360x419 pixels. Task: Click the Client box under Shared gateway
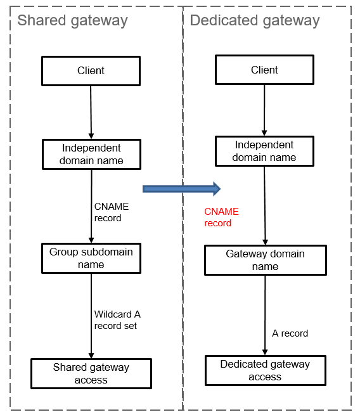pos(91,71)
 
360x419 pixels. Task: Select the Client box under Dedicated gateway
pos(264,70)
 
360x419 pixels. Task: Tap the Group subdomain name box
pos(91,258)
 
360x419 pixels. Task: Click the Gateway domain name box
pos(266,260)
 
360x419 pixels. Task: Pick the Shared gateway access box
pos(91,373)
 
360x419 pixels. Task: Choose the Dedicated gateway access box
pos(266,370)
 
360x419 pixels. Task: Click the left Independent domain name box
pos(91,154)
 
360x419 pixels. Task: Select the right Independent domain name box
pos(264,151)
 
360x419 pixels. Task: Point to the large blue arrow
pos(181,189)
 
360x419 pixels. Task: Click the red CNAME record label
pos(221,217)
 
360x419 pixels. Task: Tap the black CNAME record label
pos(112,212)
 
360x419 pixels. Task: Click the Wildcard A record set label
pos(117,320)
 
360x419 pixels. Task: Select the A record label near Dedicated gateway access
pos(290,333)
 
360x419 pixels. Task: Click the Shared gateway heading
pos(72,21)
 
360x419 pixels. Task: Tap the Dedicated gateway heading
pos(255,21)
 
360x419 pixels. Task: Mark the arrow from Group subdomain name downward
pos(91,316)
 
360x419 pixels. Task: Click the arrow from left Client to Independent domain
pos(91,112)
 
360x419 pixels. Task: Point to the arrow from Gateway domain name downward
pos(265,315)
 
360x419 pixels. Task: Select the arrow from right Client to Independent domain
pos(264,110)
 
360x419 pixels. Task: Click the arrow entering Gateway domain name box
pos(265,206)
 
